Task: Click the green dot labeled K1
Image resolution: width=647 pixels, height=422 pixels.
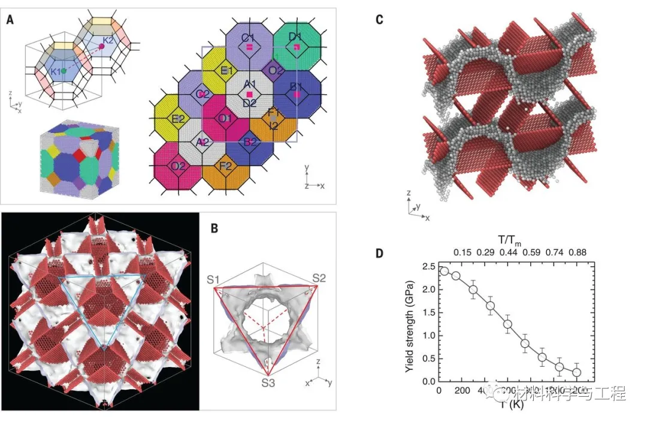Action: point(64,70)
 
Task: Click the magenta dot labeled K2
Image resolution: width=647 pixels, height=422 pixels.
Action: point(101,46)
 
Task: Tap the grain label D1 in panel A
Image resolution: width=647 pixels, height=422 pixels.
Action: point(295,38)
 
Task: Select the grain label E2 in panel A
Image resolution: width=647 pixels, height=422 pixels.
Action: point(179,119)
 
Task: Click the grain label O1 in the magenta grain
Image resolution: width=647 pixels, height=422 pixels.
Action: point(225,119)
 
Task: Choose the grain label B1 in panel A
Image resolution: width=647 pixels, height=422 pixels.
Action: point(295,88)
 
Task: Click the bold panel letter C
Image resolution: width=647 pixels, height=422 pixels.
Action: point(379,19)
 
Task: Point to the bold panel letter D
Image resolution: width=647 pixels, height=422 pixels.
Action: point(379,254)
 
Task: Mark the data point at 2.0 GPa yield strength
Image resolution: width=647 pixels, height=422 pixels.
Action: point(473,290)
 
